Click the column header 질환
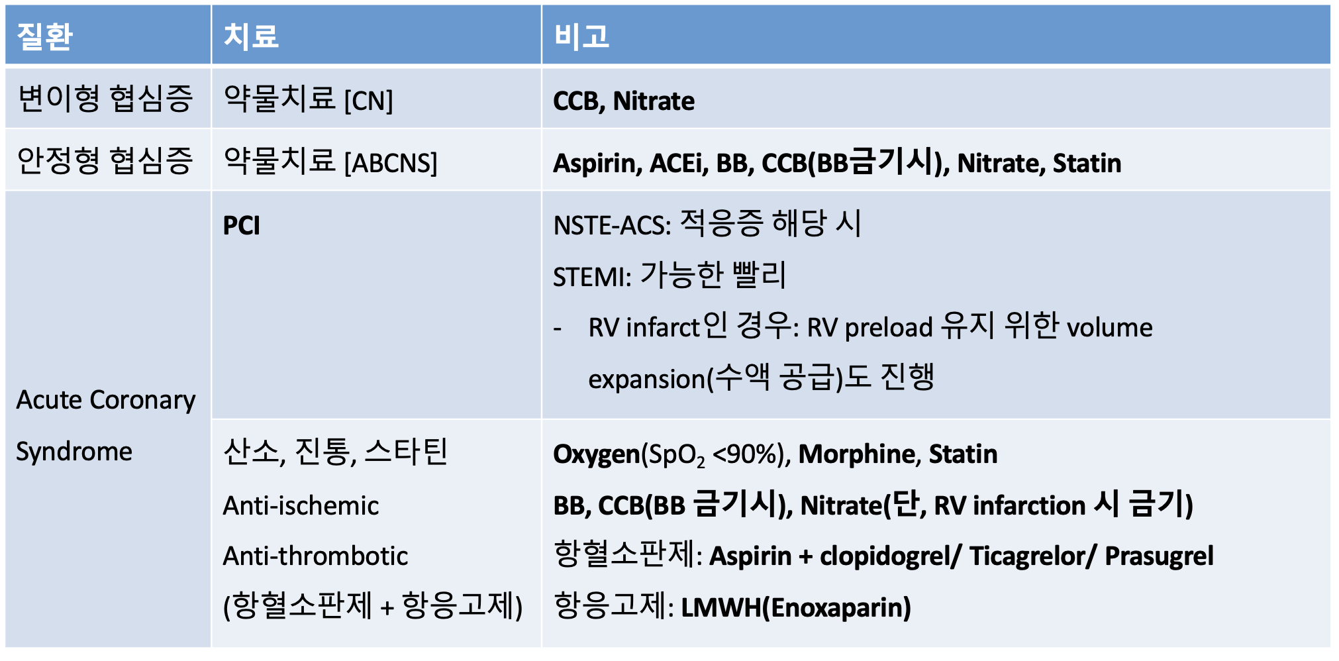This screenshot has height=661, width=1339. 44,36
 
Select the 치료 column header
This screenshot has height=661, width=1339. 251,36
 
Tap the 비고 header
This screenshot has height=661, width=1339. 581,36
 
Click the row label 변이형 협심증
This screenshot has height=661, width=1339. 105,99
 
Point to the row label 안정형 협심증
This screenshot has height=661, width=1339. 105,160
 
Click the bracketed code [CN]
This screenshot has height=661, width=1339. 369,101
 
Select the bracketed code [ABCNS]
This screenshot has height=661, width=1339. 391,163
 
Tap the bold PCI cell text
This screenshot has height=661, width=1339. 242,226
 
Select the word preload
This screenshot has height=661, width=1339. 889,329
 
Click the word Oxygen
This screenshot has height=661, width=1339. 597,455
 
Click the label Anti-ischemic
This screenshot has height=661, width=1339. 301,506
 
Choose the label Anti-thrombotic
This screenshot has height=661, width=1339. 315,556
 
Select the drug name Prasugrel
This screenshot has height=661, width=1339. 1159,557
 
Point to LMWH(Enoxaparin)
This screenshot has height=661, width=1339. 796,608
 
